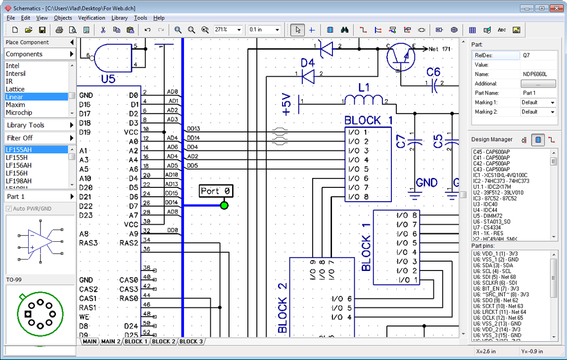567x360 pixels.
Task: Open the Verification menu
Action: tap(92, 18)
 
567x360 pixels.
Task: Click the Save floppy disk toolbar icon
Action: tap(42, 30)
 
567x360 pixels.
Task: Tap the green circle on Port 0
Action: tap(224, 205)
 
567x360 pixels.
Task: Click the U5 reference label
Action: tap(108, 79)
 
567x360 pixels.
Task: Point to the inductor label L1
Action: tap(364, 88)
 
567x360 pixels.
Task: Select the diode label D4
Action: tap(308, 62)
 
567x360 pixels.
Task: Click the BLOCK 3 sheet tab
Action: tap(190, 341)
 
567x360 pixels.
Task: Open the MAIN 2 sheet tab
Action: tap(111, 341)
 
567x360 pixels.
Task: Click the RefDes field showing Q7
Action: tap(538, 55)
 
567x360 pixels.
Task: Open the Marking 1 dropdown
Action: tap(538, 102)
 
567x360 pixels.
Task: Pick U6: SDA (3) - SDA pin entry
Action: tap(492, 265)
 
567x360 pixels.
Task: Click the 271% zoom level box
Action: tap(228, 30)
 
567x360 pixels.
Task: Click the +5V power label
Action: tap(286, 104)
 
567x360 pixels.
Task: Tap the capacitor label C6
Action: tap(433, 72)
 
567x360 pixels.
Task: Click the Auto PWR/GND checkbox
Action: tap(9, 209)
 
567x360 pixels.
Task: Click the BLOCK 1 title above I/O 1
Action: tap(368, 120)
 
